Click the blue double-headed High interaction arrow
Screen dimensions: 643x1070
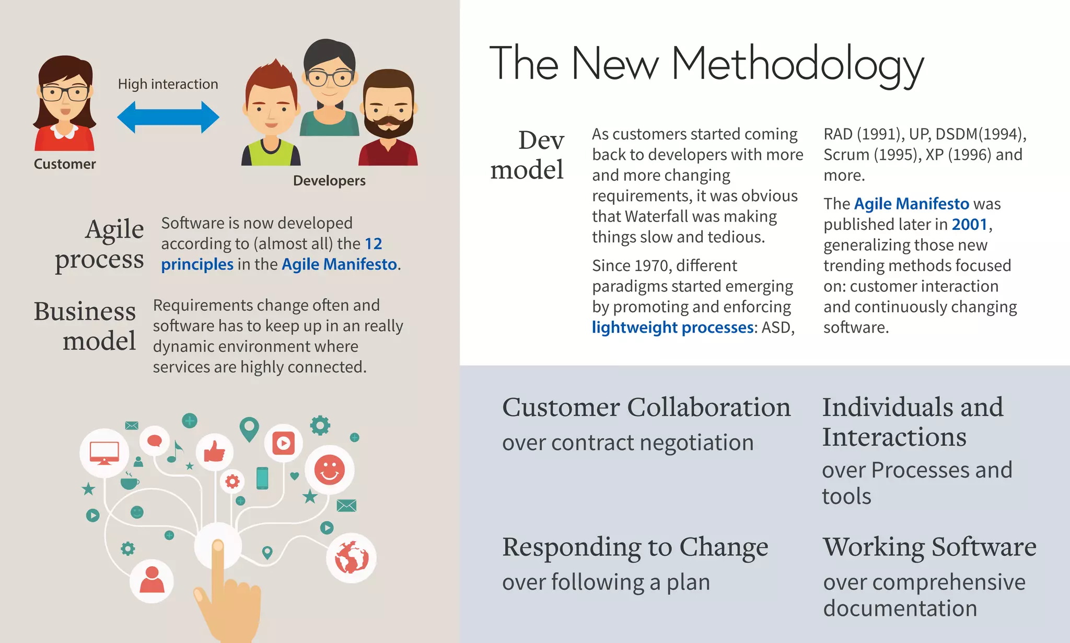(168, 117)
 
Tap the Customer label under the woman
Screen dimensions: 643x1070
(65, 164)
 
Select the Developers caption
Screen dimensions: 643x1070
(329, 181)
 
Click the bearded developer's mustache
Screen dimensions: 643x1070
(388, 123)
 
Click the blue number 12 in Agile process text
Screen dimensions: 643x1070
(373, 244)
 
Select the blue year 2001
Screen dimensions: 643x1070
(970, 225)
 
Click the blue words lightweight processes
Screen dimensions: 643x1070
(672, 328)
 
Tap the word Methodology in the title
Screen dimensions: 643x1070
(797, 65)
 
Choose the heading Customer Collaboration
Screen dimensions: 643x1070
(646, 407)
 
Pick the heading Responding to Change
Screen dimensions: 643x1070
(635, 547)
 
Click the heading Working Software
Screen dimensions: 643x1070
(929, 547)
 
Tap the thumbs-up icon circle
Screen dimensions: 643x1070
(214, 451)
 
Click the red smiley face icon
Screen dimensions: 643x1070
(329, 470)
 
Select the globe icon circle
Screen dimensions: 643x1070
(351, 558)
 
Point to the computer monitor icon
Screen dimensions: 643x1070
(104, 452)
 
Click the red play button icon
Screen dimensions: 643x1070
(283, 443)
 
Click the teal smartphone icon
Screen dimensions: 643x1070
(262, 478)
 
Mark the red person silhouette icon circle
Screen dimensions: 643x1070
(152, 580)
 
